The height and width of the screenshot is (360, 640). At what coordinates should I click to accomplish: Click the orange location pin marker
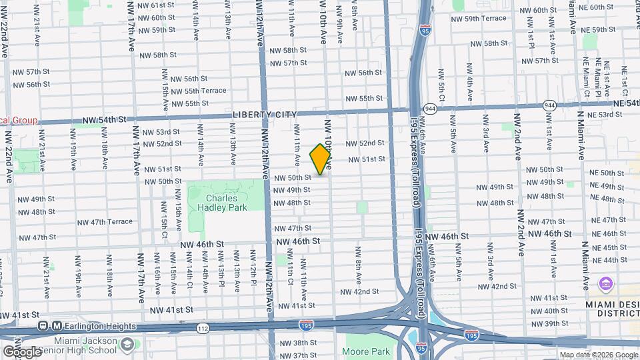[x=321, y=159]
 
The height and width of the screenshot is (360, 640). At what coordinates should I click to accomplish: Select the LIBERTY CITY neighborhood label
[x=263, y=115]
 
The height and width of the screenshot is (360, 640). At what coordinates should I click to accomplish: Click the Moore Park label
[x=366, y=351]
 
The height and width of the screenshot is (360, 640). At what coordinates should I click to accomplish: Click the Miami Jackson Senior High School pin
[x=127, y=345]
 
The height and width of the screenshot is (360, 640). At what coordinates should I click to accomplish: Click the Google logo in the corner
[x=21, y=351]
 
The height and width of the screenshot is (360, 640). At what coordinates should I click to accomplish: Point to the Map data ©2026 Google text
[x=598, y=355]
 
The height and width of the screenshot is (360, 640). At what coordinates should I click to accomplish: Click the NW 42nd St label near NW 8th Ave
[x=359, y=292]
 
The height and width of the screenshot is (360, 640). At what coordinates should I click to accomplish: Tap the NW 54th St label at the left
[x=105, y=120]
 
